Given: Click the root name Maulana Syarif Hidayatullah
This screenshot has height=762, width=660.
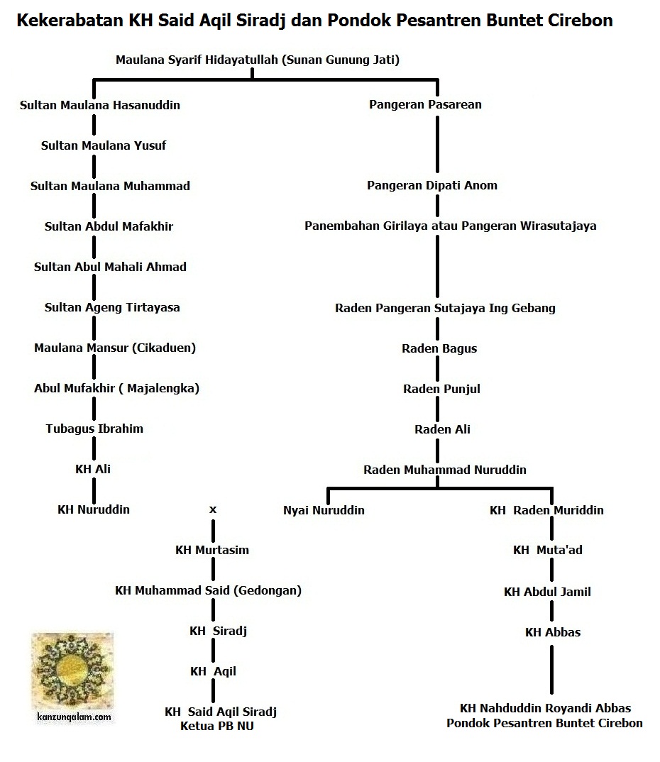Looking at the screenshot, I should (258, 60).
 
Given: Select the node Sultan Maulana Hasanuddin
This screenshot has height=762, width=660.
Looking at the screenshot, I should (100, 105).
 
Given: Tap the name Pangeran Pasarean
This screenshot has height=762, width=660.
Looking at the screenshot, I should (425, 104).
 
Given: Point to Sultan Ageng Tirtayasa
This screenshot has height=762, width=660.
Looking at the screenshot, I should (112, 307).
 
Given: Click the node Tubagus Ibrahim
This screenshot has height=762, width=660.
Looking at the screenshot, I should (94, 429).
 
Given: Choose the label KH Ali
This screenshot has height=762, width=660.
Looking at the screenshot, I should (93, 469).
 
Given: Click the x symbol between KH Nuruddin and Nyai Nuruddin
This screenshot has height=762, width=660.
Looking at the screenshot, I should (212, 509).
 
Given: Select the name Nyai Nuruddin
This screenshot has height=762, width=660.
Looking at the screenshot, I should (324, 510).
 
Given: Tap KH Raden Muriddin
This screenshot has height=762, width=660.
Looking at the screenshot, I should (546, 510).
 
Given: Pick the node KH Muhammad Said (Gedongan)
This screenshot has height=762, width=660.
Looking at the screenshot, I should (208, 590).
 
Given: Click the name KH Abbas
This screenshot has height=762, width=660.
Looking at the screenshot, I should (552, 632).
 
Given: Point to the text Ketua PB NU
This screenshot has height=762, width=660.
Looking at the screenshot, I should (217, 726).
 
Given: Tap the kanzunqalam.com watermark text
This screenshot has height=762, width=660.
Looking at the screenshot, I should (74, 717).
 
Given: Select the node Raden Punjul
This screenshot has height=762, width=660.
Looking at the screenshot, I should (441, 389).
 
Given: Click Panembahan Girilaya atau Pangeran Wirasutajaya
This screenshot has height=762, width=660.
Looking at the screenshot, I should (450, 226).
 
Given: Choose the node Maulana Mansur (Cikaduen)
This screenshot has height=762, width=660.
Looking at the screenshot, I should (115, 348).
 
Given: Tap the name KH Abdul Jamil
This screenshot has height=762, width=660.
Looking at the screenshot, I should (547, 592).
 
